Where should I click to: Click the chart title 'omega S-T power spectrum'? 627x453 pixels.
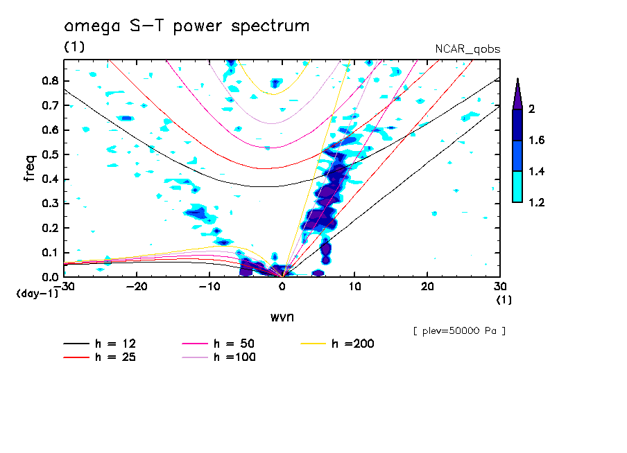(187, 27)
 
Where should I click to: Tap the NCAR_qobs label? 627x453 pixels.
(467, 49)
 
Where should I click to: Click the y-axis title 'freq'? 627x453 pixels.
(30, 168)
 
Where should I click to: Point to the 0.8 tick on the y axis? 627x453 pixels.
(49, 80)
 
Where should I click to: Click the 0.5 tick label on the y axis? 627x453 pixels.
(49, 154)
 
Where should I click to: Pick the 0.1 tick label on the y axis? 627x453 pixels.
(49, 253)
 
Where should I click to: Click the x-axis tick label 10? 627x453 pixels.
(354, 286)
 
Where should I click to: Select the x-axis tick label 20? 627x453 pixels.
(427, 286)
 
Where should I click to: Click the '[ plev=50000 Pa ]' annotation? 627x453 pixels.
(459, 331)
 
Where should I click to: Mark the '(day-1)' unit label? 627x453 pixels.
(37, 294)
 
